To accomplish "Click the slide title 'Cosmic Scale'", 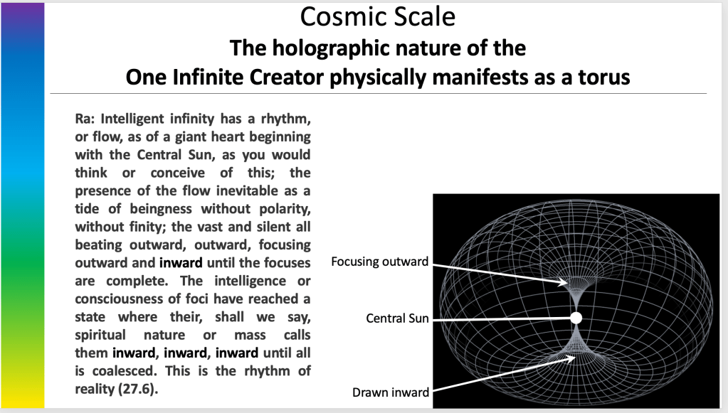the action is (x=377, y=16).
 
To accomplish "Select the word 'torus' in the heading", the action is (x=603, y=77).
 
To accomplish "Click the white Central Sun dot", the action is (x=576, y=318).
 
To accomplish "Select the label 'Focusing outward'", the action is (x=379, y=262).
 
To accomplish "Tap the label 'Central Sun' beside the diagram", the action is (x=397, y=318).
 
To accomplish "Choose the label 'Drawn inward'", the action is (x=391, y=392).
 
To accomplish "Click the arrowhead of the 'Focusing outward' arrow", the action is (x=564, y=281).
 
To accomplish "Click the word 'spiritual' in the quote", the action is (x=100, y=335).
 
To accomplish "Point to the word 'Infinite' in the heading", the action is (x=209, y=77).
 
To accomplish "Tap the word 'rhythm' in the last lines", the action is (x=268, y=371).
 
